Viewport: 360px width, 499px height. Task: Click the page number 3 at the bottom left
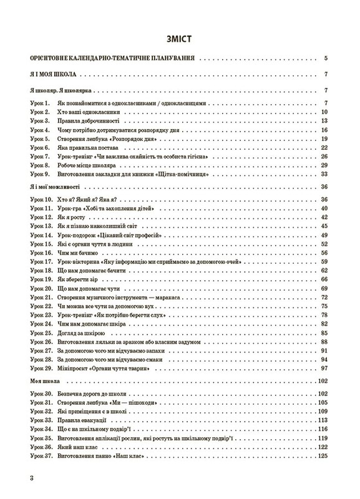tap(23, 477)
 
